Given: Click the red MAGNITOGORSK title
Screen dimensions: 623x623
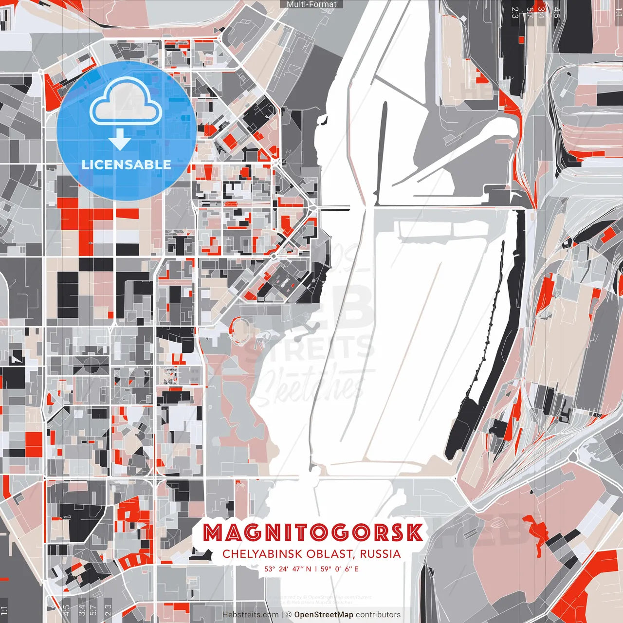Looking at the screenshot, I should pyautogui.click(x=312, y=533).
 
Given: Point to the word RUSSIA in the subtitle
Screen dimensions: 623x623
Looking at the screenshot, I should pyautogui.click(x=381, y=554).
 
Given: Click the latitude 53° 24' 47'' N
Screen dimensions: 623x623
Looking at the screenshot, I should pyautogui.click(x=288, y=569).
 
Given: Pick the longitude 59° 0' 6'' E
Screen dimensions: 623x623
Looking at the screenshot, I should pyautogui.click(x=340, y=569).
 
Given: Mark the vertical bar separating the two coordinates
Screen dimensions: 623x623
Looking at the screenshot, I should pyautogui.click(x=316, y=569).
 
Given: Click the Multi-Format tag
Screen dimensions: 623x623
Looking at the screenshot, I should pyautogui.click(x=311, y=4).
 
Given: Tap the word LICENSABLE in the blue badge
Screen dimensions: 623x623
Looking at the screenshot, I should pyautogui.click(x=127, y=165).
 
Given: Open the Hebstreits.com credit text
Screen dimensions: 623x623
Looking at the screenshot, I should pyautogui.click(x=251, y=615).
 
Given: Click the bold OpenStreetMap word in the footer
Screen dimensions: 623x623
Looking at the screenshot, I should pyautogui.click(x=324, y=615).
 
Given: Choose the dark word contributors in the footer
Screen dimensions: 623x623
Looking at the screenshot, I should pyautogui.click(x=378, y=615).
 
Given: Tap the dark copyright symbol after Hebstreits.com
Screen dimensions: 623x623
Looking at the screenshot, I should pyautogui.click(x=289, y=615).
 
